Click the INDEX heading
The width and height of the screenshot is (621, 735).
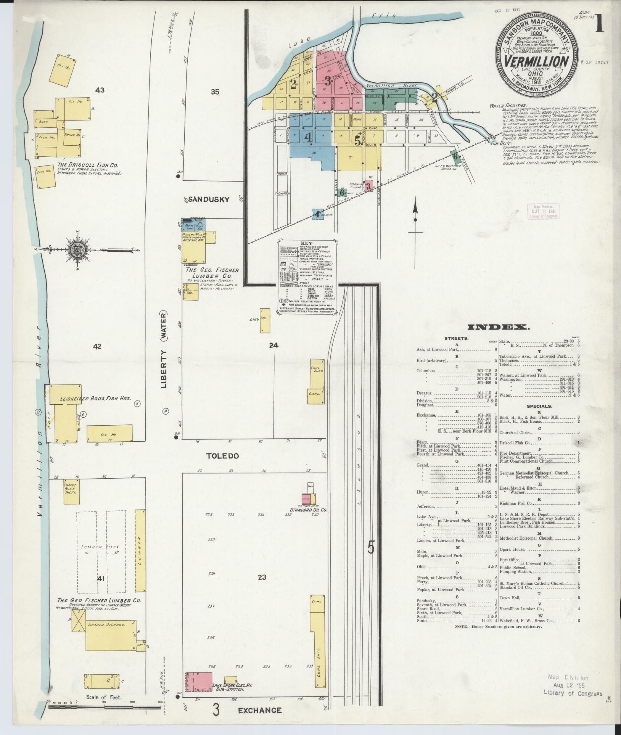(x=498, y=327)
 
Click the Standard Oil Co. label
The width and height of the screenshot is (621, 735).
(x=308, y=510)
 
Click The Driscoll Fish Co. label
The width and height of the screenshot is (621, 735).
(x=88, y=165)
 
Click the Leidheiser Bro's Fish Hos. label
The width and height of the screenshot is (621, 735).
(x=95, y=398)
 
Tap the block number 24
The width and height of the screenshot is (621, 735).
(x=273, y=346)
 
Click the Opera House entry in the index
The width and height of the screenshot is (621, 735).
(x=512, y=550)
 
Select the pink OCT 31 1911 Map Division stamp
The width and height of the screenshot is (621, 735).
(x=543, y=211)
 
